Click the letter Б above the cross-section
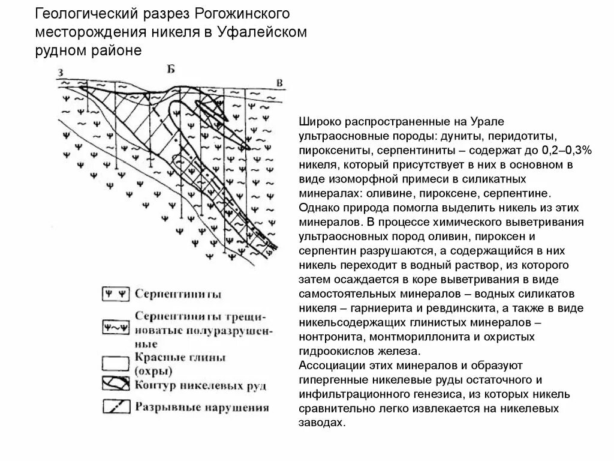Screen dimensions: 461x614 (x=171, y=69)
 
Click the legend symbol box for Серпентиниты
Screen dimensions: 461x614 (x=115, y=294)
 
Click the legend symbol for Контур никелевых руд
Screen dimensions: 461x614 (x=115, y=385)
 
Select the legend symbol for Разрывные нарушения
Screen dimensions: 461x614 (x=115, y=407)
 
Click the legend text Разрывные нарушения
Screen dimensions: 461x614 (x=201, y=408)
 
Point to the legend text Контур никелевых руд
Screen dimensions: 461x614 (x=200, y=385)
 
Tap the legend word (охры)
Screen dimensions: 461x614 (x=153, y=370)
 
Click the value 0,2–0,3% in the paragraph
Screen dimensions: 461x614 (x=567, y=149)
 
